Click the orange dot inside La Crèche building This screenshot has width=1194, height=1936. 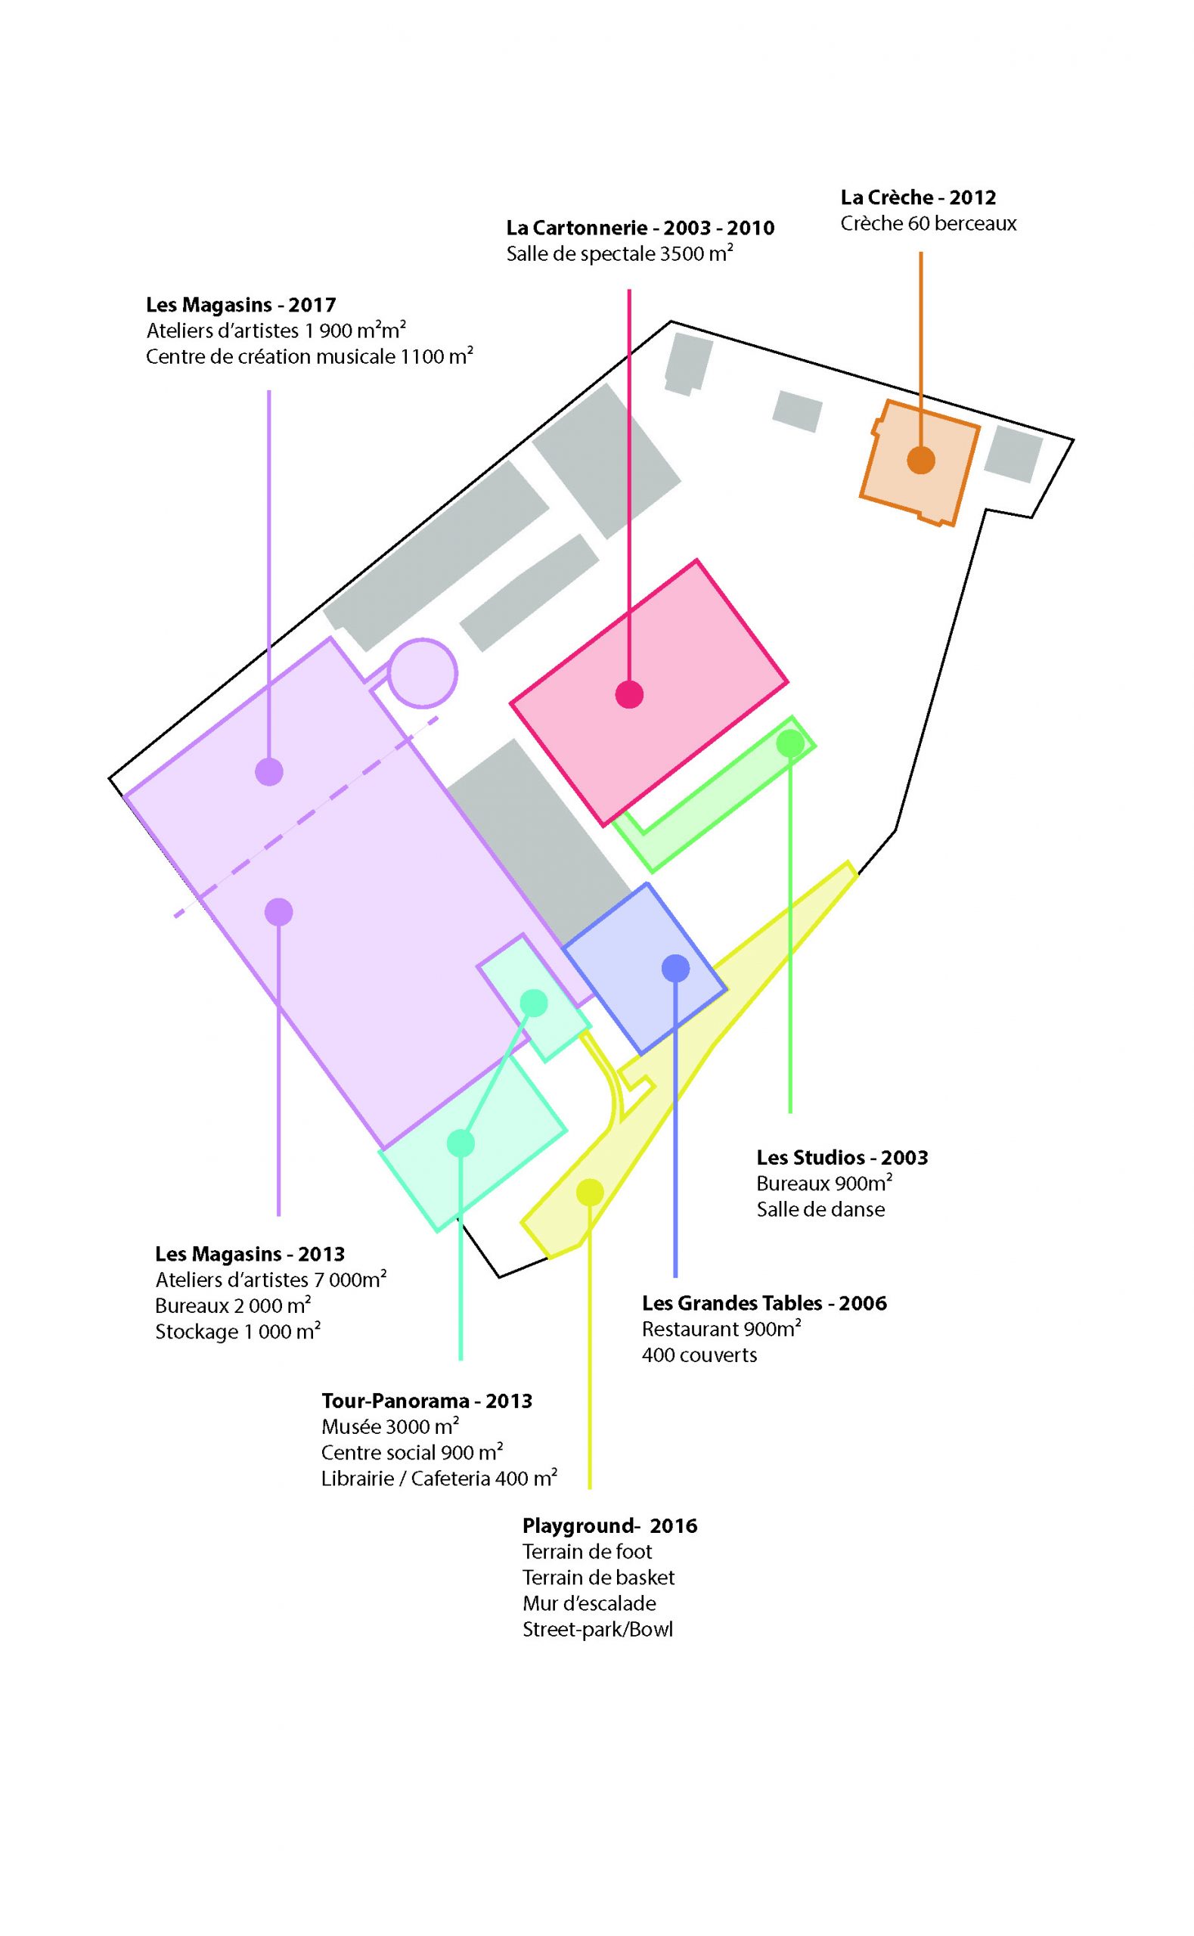921,460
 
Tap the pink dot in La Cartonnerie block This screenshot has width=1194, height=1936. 629,694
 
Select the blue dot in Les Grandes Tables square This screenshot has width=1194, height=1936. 675,968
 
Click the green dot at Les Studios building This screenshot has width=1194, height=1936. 790,743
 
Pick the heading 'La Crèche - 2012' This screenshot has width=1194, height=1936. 917,197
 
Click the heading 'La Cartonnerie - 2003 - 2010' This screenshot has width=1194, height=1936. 640,228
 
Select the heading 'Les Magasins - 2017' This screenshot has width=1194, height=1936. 241,305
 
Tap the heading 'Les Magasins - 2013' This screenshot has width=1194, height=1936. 250,1254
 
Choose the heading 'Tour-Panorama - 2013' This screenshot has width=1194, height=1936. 426,1401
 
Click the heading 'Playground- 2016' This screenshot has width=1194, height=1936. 609,1525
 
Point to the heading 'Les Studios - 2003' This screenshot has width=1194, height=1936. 842,1158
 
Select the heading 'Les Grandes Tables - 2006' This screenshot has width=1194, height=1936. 764,1303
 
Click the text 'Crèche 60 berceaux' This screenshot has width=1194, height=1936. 928,223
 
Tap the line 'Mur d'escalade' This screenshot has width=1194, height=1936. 589,1602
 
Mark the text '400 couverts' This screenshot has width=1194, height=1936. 699,1355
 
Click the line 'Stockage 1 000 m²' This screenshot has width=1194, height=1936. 237,1331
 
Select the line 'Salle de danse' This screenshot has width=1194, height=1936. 820,1209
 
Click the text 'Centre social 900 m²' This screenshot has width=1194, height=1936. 412,1452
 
